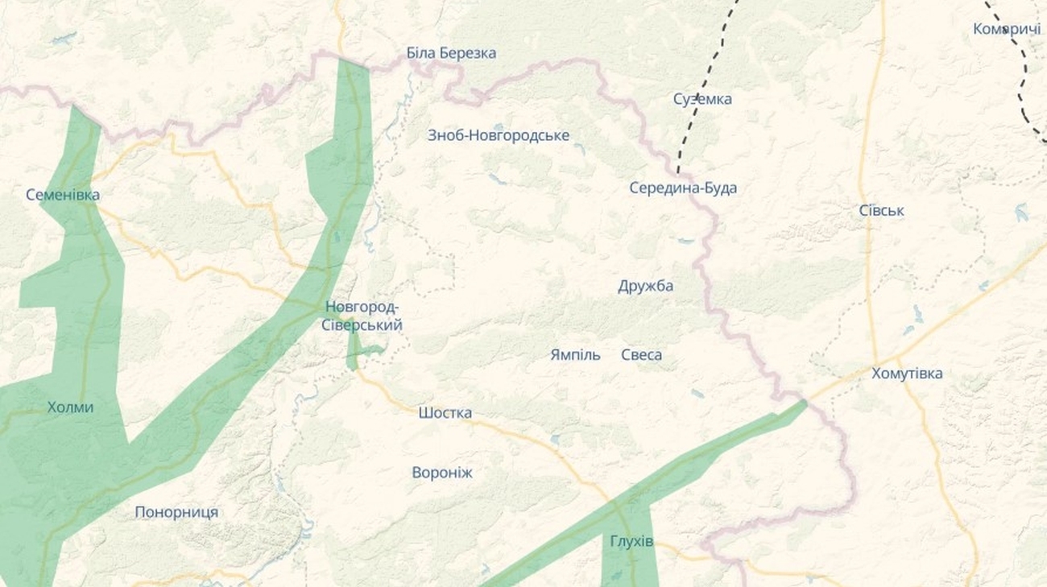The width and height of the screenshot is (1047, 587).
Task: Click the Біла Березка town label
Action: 451,53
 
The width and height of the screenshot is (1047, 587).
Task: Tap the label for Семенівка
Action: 63,195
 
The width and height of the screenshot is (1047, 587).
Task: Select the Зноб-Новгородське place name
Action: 499,135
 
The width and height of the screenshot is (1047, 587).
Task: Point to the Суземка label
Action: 702,99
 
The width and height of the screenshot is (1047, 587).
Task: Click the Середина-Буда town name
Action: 683,188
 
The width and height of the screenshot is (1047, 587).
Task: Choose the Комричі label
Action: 1007,29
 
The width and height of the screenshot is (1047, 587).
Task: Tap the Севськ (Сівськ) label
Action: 881,211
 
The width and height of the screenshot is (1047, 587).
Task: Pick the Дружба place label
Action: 646,287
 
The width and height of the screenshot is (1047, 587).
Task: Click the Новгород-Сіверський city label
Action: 363,316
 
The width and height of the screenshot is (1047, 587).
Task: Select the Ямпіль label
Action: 575,355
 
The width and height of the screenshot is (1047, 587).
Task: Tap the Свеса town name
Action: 642,355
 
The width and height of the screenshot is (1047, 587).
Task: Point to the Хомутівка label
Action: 907,374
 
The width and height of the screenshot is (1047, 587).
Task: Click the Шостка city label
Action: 445,413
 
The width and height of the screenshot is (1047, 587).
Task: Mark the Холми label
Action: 70,407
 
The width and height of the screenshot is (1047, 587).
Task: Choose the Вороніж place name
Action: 442,473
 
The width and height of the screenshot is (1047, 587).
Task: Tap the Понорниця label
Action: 176,512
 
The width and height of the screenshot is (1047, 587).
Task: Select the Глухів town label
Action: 632,542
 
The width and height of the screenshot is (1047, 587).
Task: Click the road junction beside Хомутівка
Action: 896,358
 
